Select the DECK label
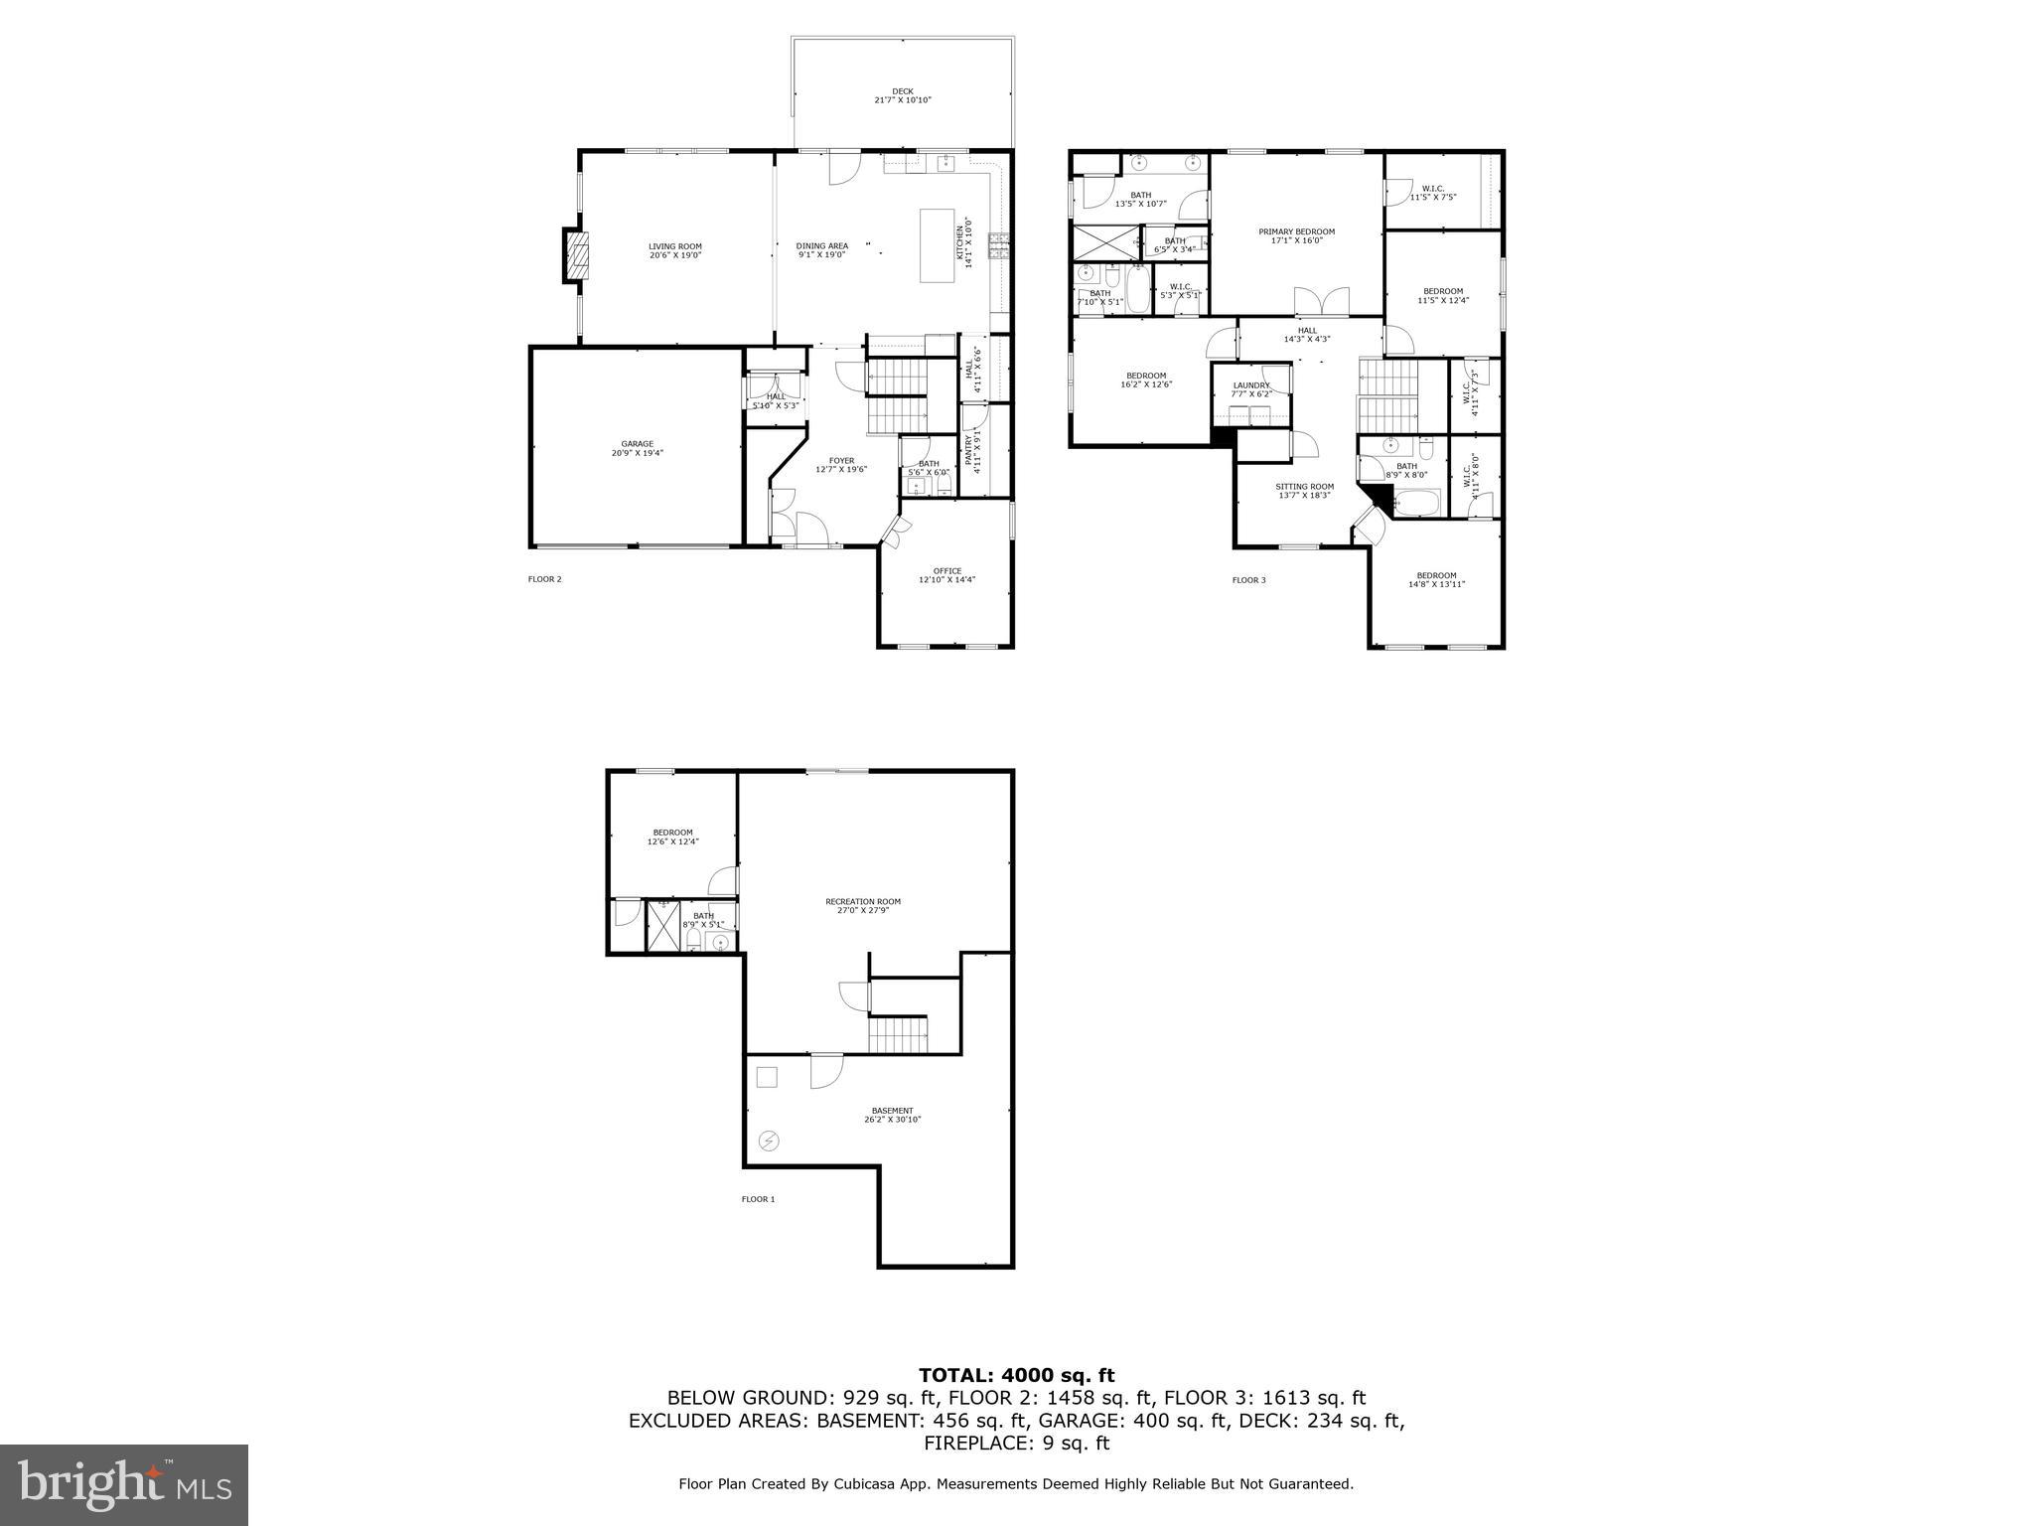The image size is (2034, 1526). click(x=902, y=91)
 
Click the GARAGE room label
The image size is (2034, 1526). click(x=637, y=444)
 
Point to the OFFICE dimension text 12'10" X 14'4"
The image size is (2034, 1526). click(x=946, y=580)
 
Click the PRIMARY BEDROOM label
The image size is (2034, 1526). click(x=1296, y=231)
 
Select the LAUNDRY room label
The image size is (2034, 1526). click(x=1250, y=385)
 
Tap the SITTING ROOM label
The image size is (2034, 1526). click(x=1304, y=487)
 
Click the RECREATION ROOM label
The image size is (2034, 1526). click(x=862, y=902)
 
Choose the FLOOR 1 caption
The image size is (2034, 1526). click(x=757, y=1199)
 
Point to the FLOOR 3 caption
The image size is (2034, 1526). click(x=1248, y=580)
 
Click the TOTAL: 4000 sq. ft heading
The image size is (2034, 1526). click(x=1016, y=1376)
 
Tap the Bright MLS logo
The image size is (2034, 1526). click(x=124, y=1484)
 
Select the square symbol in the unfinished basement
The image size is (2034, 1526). click(x=767, y=1077)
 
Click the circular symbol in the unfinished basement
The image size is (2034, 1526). click(x=769, y=1141)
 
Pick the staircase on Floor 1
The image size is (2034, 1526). click(x=898, y=1034)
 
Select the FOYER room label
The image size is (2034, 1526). click(x=841, y=460)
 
